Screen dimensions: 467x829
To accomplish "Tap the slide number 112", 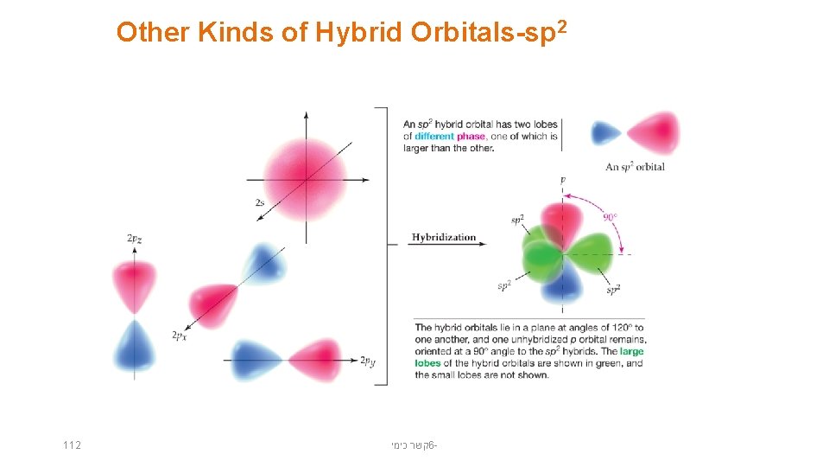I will (x=72, y=445).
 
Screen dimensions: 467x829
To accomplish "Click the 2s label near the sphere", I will (x=260, y=202).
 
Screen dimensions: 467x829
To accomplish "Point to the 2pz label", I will (x=135, y=238).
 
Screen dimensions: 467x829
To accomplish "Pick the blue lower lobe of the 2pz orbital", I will (x=135, y=347).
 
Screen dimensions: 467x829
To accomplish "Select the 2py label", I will (x=368, y=361).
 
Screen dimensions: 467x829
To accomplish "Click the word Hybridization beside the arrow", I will (x=444, y=238).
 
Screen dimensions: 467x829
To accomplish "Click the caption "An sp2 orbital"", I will (x=635, y=167).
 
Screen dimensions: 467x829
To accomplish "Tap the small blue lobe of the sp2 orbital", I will (x=604, y=133).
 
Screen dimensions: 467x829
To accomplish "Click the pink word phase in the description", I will (x=471, y=136).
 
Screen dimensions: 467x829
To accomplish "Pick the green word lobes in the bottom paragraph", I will (x=427, y=363).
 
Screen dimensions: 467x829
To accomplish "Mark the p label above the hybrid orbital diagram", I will (x=563, y=181).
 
